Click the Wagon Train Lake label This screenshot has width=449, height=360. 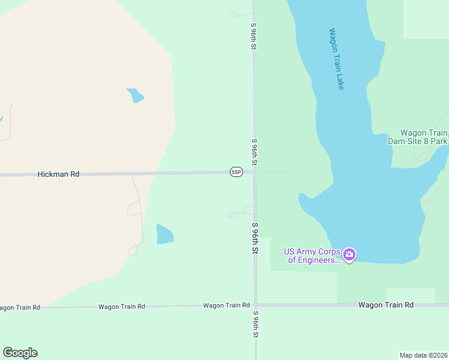coord(337,59)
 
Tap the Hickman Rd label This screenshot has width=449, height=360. coord(58,174)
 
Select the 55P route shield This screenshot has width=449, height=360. coord(236,172)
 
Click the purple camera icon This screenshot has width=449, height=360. coord(349,255)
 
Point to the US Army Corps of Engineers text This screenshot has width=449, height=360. coord(312,256)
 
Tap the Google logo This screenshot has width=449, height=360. coord(20,353)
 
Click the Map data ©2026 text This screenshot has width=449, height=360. coord(424,355)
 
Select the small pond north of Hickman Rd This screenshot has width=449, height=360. coord(135,95)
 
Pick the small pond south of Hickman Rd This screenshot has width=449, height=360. coord(164,234)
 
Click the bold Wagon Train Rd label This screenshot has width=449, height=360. coord(386,305)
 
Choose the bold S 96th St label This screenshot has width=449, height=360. coord(255,238)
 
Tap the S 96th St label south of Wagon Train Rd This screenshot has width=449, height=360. coord(255,325)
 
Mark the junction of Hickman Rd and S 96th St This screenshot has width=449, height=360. coord(255,173)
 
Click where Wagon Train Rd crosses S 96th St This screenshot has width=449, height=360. coord(256,305)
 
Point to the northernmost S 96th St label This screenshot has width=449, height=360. coord(254,36)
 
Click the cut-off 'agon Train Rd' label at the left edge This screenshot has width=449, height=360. coord(20,307)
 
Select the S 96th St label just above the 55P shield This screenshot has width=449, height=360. coord(255,152)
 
